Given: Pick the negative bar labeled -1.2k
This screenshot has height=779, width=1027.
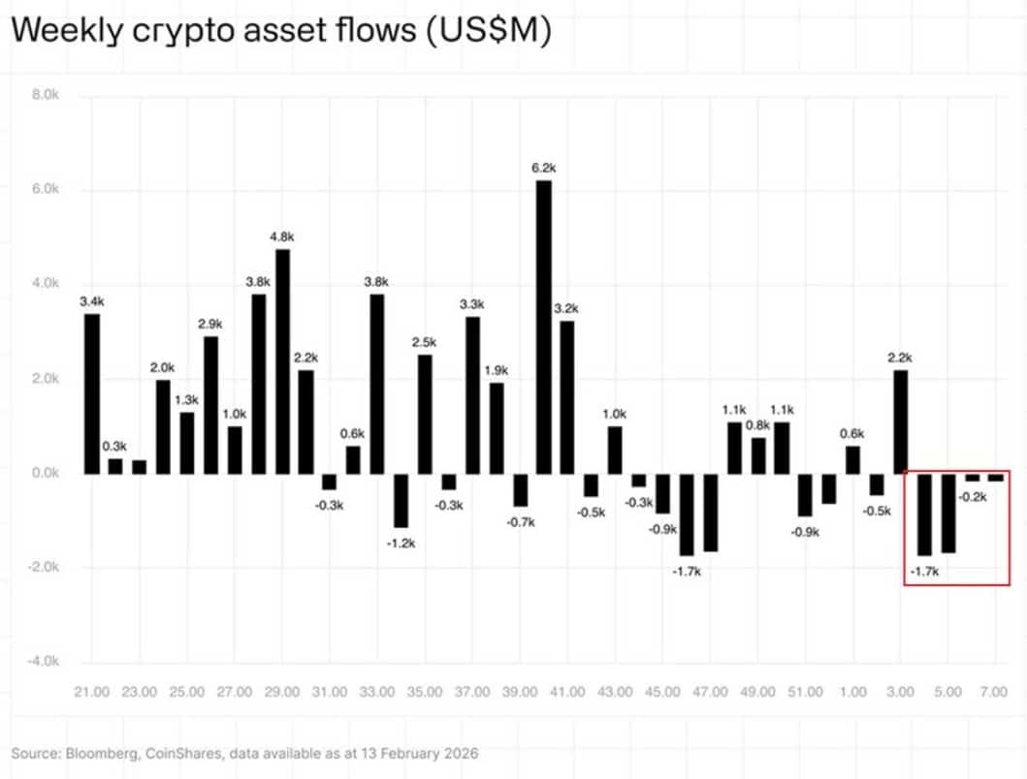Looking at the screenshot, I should coord(401,500).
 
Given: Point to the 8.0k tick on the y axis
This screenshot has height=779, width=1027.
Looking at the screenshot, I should coord(46,95).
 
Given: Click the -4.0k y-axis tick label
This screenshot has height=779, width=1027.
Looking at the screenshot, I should coord(44,662).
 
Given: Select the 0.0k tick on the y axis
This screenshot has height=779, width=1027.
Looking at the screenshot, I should coord(46,473).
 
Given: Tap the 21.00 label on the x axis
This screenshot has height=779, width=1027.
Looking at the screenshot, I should coord(92,693).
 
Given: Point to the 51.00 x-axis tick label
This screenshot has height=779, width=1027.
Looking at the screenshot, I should coord(805,693).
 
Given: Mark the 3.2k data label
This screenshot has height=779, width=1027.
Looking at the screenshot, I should coord(566,308).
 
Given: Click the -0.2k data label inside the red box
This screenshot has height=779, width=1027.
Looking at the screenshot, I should coord(971,497).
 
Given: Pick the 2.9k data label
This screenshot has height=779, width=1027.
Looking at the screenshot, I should coord(210,324).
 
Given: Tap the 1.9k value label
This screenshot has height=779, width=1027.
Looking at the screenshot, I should coord(497,370).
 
